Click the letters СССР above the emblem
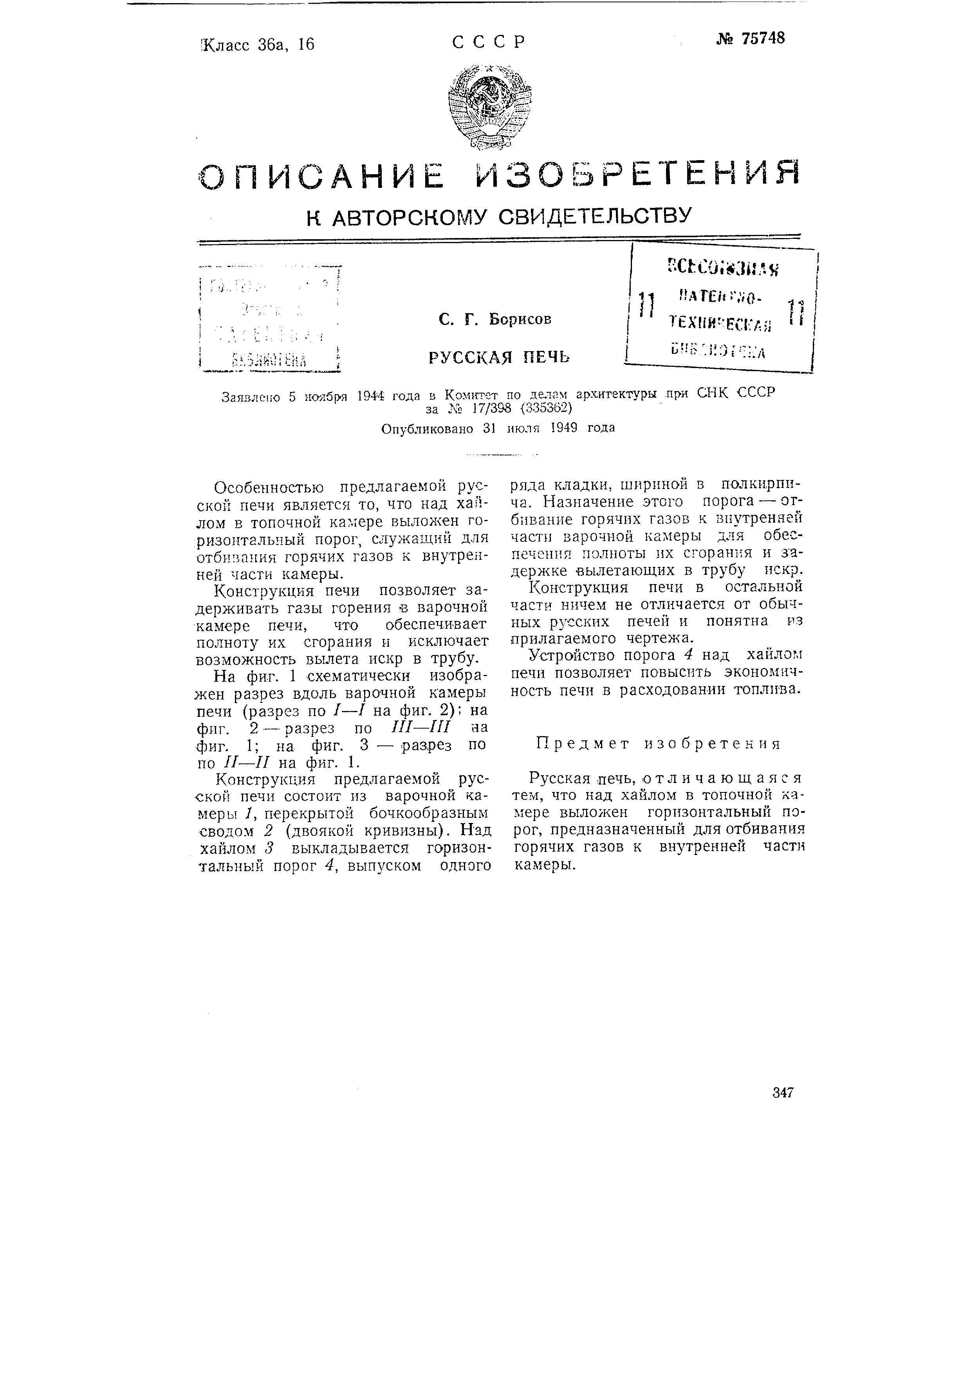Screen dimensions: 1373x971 click(x=489, y=42)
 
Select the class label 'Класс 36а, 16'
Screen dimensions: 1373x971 click(x=258, y=44)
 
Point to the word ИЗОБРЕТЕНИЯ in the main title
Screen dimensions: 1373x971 click(x=636, y=174)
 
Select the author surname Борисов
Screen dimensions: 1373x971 click(x=520, y=319)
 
